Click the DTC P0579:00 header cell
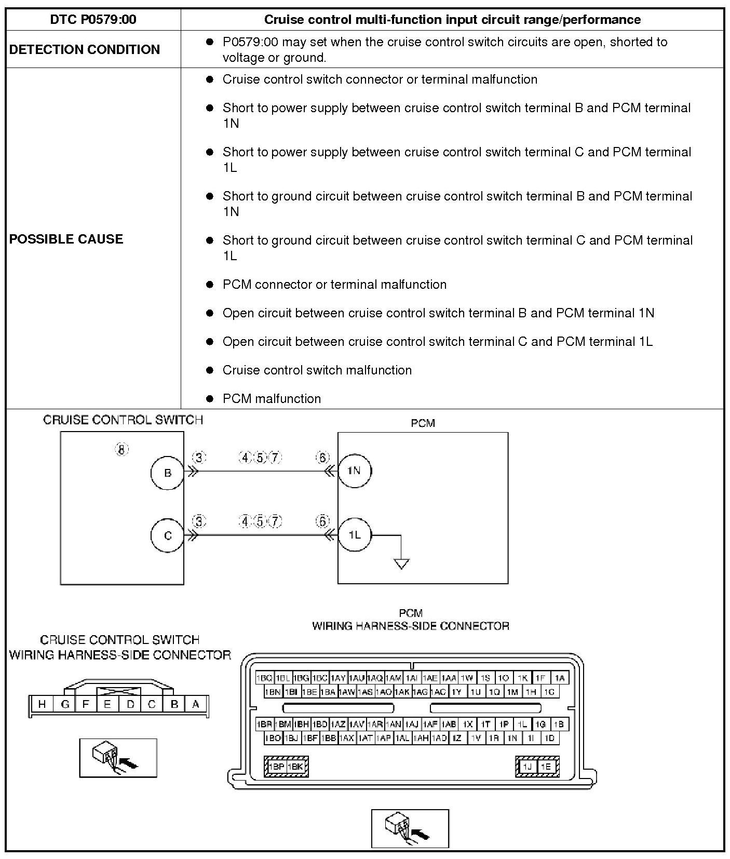pos(93,20)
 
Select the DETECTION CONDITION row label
pos(85,49)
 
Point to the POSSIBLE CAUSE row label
pos(66,239)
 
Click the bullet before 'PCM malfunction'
pos(210,399)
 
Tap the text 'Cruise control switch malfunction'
pos(317,370)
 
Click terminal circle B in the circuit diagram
pos(168,473)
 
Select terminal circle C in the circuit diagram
pos(168,535)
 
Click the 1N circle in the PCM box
pos(354,471)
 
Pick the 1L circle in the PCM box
pos(355,535)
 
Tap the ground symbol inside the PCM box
pos(401,563)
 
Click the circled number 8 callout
pos(121,449)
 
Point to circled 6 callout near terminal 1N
pos(322,458)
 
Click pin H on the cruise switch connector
pos(42,704)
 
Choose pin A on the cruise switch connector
pos(196,704)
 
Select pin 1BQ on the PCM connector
pos(264,678)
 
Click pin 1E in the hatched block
pos(546,767)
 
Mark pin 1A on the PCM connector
pos(559,678)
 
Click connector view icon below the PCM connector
pos(410,828)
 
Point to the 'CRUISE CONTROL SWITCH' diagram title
pos(123,420)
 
